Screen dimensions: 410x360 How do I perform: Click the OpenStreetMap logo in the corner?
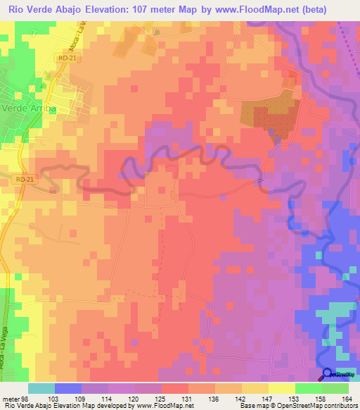pos(328,374)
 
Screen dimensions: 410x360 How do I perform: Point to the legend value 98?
pos(27,399)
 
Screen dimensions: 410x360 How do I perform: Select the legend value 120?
pos(127,399)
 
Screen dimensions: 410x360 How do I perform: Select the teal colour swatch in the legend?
pos(41,388)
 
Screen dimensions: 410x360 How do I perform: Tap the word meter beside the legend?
pos(10,399)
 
